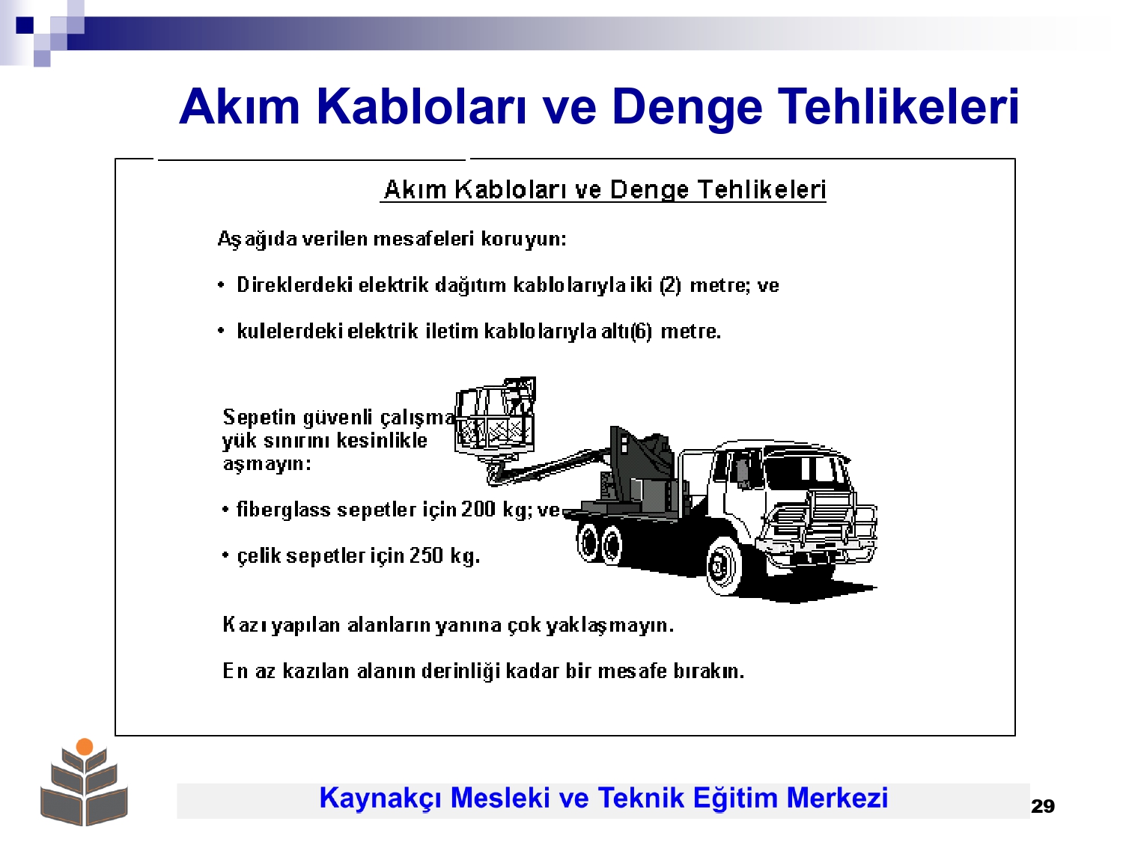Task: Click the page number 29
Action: (1043, 806)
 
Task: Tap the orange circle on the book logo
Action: (85, 746)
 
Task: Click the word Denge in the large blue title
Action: (687, 107)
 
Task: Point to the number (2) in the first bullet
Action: (670, 284)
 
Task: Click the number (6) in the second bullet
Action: (642, 332)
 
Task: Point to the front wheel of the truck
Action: (725, 566)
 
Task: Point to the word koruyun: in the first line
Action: (523, 240)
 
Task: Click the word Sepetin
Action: (259, 418)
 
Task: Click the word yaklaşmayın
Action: (610, 625)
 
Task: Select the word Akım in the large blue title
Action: (239, 107)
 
